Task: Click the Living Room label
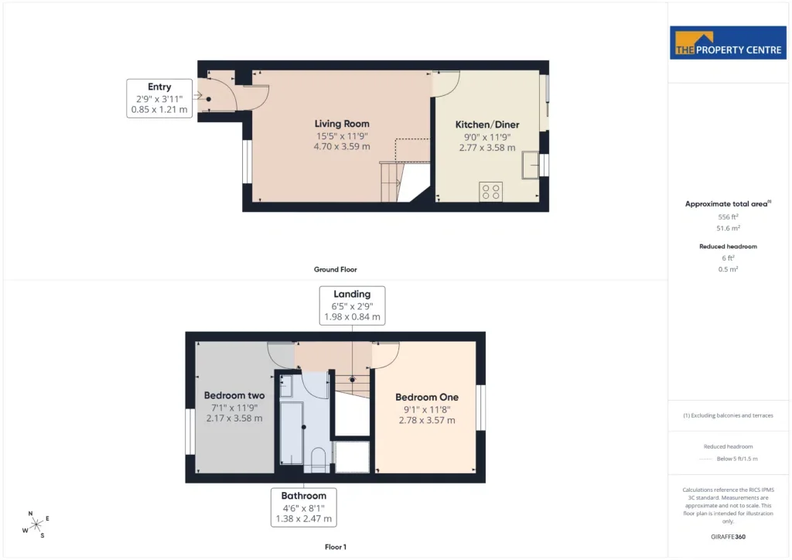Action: pyautogui.click(x=342, y=124)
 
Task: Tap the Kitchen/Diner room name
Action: pyautogui.click(x=487, y=125)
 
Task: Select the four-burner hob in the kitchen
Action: pyautogui.click(x=490, y=192)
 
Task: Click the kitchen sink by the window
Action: pyautogui.click(x=531, y=165)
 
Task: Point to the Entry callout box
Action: pyautogui.click(x=159, y=98)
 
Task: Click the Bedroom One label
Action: pyautogui.click(x=427, y=398)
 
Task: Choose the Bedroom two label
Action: pyautogui.click(x=234, y=395)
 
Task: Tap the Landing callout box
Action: pyautogui.click(x=352, y=306)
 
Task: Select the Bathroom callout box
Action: pyautogui.click(x=303, y=507)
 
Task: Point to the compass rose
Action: pyautogui.click(x=36, y=525)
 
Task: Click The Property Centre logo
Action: pyautogui.click(x=728, y=43)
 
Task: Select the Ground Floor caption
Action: pyautogui.click(x=336, y=270)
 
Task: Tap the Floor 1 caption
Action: pyautogui.click(x=336, y=547)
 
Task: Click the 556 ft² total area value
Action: pyautogui.click(x=728, y=217)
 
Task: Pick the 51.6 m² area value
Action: pyautogui.click(x=728, y=228)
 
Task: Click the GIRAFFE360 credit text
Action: pyautogui.click(x=728, y=537)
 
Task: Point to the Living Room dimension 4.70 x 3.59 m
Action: pyautogui.click(x=342, y=146)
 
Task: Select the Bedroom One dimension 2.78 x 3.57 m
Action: pyautogui.click(x=427, y=420)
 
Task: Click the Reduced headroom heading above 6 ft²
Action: pyautogui.click(x=728, y=247)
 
